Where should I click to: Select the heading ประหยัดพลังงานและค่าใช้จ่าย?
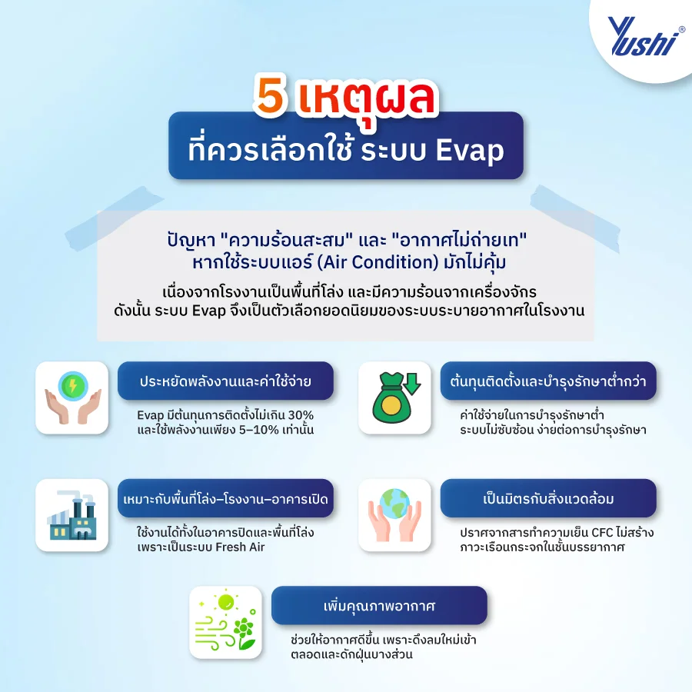(225, 381)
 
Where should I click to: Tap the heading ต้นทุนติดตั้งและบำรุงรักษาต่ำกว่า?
(547, 381)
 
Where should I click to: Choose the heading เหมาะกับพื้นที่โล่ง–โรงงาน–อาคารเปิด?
(225, 498)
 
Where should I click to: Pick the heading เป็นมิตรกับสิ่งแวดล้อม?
(547, 498)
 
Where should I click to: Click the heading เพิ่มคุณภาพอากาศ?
(379, 605)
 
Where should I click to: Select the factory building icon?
(72, 514)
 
